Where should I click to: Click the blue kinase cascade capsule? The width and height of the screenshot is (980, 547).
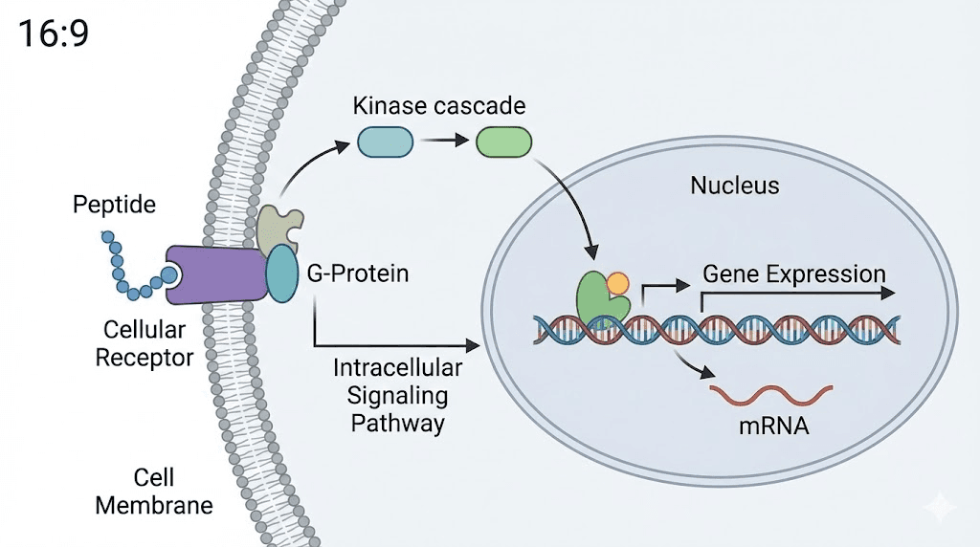pyautogui.click(x=385, y=142)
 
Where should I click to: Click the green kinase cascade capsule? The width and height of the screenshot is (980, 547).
pyautogui.click(x=503, y=142)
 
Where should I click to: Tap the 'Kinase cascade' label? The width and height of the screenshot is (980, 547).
pyautogui.click(x=439, y=104)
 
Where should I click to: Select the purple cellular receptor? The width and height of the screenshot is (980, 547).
pyautogui.click(x=215, y=274)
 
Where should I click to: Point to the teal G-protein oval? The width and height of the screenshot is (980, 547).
pyautogui.click(x=281, y=273)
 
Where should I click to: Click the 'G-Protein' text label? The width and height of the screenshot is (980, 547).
pyautogui.click(x=358, y=273)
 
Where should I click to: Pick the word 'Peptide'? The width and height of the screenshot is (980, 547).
pyautogui.click(x=114, y=205)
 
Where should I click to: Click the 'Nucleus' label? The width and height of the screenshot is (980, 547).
pyautogui.click(x=734, y=185)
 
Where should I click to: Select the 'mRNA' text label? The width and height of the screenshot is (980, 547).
pyautogui.click(x=773, y=427)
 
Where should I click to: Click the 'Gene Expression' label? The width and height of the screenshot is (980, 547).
pyautogui.click(x=794, y=273)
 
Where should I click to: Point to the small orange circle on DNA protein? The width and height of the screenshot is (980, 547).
pyautogui.click(x=618, y=284)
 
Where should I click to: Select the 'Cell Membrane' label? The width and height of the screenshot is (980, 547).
pyautogui.click(x=154, y=492)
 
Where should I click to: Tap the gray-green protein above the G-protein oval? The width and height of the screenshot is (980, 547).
pyautogui.click(x=276, y=225)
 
